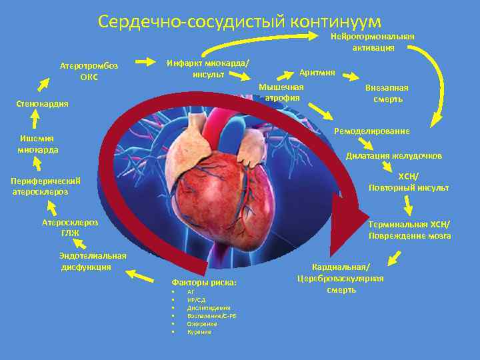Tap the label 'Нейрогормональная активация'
pos(373,41)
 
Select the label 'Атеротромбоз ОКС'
pos(89,71)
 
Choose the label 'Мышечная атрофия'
pos(281,93)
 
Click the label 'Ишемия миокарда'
pos(37,144)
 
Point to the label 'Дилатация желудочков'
pos(393,155)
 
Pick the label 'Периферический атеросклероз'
pos(46,186)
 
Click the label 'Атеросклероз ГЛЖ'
pos(70,227)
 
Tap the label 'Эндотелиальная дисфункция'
pos(92,261)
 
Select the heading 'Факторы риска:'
pos(204,283)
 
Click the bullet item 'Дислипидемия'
pos(209,308)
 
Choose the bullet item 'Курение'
pos(199,331)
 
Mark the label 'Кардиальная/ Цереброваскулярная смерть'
pos(341,278)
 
